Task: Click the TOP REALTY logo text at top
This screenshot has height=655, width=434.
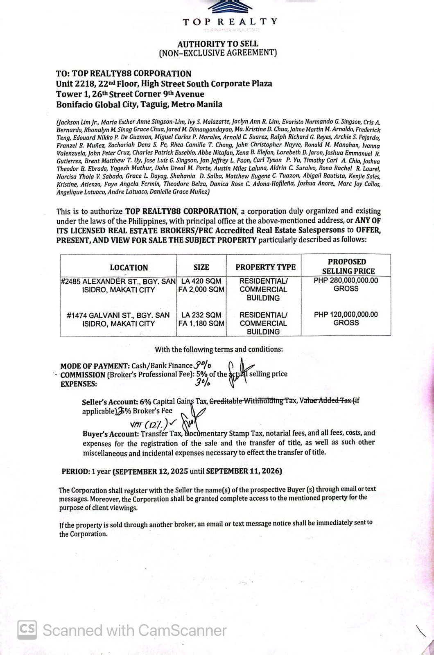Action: pyautogui.click(x=230, y=22)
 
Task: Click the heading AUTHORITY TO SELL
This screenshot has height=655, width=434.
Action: pyautogui.click(x=217, y=44)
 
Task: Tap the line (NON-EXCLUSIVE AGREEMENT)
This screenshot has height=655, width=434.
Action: pyautogui.click(x=217, y=53)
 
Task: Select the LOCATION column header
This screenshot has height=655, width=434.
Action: pyautogui.click(x=129, y=268)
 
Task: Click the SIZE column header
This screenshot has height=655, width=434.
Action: pyautogui.click(x=201, y=267)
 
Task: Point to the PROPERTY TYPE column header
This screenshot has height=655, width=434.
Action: pyautogui.click(x=265, y=267)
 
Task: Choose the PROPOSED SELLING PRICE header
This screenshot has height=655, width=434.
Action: pyautogui.click(x=347, y=266)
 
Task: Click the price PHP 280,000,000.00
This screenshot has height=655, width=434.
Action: pyautogui.click(x=346, y=280)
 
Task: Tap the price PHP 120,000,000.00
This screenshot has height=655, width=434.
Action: pyautogui.click(x=346, y=314)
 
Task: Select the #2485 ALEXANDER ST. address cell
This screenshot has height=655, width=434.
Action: pyautogui.click(x=118, y=285)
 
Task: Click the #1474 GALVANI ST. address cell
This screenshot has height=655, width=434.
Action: pyautogui.click(x=118, y=319)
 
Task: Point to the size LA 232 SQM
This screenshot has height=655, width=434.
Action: pyautogui.click(x=201, y=315)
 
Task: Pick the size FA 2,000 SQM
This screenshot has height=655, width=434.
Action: pyautogui.click(x=201, y=289)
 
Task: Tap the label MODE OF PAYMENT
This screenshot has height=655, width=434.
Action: pyautogui.click(x=95, y=366)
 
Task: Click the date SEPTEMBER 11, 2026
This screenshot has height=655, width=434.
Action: pyautogui.click(x=244, y=471)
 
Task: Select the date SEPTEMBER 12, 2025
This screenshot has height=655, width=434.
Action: pyautogui.click(x=150, y=471)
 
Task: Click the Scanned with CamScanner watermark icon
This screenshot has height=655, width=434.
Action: pyautogui.click(x=27, y=630)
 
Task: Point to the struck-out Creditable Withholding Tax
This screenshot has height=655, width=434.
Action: pyautogui.click(x=253, y=401)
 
